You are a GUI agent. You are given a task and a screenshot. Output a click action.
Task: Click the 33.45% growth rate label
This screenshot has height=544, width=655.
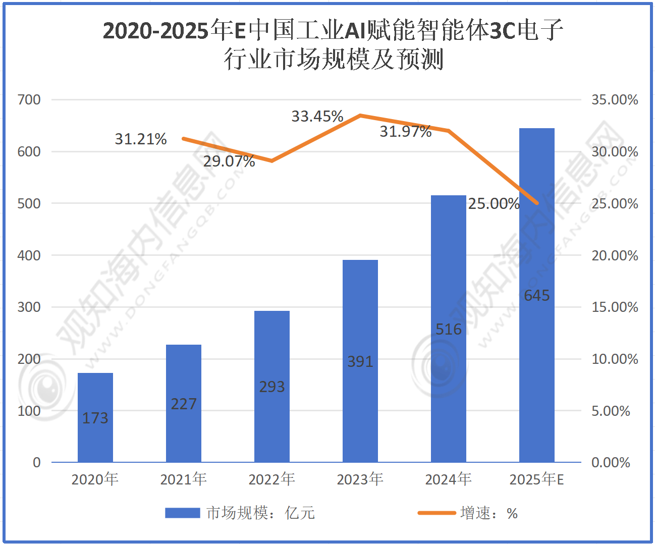[x=317, y=117]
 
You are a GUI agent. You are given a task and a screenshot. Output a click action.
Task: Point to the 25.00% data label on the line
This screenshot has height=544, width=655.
[x=494, y=204]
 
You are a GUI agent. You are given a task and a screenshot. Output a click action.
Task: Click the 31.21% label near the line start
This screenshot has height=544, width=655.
[x=141, y=139]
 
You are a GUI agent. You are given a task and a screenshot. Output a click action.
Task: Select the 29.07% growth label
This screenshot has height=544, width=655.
[x=229, y=161]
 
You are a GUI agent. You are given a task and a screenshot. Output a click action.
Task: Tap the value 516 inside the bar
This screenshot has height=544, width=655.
[x=449, y=330]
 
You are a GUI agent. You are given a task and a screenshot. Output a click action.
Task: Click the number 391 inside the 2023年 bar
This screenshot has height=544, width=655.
[x=360, y=362]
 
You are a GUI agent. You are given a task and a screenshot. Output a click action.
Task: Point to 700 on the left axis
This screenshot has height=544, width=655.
[x=29, y=99]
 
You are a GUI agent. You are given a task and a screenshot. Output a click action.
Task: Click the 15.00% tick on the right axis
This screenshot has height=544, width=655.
[x=615, y=307]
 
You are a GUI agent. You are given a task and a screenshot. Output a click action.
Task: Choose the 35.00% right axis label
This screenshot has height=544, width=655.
[x=615, y=100]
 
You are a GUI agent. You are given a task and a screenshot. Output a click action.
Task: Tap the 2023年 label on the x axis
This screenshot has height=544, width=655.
[x=360, y=479]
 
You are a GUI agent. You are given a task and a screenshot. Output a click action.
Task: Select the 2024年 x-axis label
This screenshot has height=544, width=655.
[x=449, y=479]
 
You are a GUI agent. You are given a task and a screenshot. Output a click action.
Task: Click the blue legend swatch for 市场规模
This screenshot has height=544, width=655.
[x=183, y=513]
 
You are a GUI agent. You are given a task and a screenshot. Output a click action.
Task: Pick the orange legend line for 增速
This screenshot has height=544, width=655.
[x=436, y=513]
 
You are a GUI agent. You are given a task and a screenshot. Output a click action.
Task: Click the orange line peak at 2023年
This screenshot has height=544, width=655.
[x=360, y=116]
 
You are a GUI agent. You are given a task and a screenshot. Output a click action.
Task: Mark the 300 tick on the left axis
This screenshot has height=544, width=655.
[x=29, y=307]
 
